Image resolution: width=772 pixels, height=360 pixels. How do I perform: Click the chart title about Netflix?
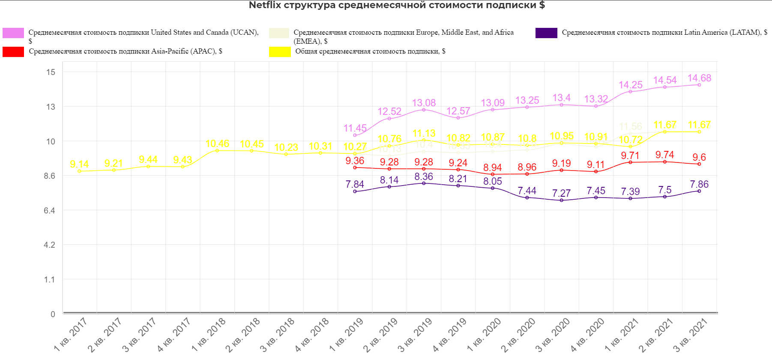(397, 5)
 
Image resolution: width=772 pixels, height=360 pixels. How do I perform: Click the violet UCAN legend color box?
(13, 33)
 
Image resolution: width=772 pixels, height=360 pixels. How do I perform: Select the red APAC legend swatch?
(13, 52)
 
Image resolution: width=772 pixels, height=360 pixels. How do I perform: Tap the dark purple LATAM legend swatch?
(546, 33)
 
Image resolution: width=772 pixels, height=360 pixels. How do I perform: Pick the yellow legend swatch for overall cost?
(280, 52)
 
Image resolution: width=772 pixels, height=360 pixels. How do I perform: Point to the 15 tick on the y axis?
(51, 72)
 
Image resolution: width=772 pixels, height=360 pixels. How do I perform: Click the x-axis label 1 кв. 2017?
(71, 335)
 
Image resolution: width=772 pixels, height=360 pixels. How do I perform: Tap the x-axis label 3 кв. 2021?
(691, 335)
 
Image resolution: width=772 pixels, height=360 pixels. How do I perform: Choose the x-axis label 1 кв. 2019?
(346, 335)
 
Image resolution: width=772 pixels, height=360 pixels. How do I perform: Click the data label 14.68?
(699, 78)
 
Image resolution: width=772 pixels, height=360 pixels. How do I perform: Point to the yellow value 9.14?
(79, 164)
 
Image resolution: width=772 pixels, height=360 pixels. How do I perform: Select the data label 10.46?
(217, 144)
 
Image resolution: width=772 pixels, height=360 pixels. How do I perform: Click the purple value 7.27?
(561, 193)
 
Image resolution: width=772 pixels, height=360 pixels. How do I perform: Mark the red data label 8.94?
(492, 168)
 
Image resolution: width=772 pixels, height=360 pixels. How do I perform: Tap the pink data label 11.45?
(355, 128)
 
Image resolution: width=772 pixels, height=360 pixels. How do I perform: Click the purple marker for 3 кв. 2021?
(699, 191)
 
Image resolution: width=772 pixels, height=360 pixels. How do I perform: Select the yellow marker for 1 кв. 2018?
(217, 150)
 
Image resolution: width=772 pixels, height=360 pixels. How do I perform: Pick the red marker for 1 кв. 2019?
(355, 168)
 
